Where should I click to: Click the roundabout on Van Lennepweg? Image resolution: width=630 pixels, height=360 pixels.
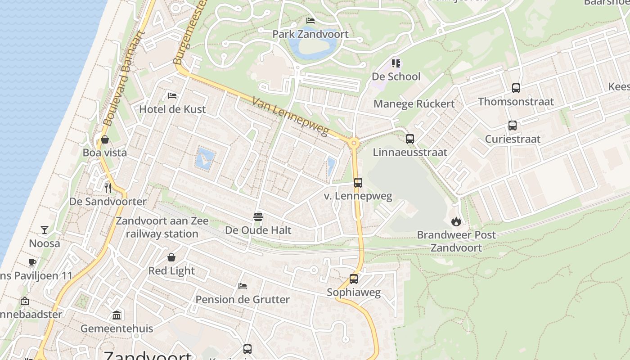(x=354, y=144)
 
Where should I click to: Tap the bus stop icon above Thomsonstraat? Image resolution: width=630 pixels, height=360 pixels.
(x=516, y=88)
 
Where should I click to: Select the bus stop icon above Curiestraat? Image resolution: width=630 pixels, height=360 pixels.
(x=513, y=126)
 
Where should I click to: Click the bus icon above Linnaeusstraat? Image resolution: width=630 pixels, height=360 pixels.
(x=410, y=139)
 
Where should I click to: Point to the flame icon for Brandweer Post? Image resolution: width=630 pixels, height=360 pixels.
(x=456, y=221)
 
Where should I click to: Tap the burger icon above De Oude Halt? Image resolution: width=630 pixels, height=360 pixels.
(x=258, y=217)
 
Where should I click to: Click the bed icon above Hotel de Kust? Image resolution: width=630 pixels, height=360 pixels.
(x=172, y=95)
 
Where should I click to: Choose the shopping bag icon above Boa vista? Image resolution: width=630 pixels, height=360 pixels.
(x=105, y=139)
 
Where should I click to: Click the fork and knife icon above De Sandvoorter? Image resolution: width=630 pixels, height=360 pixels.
(x=108, y=188)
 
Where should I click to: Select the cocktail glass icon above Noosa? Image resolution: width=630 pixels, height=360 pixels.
(x=45, y=230)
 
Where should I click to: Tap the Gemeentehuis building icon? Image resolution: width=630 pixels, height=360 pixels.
(x=117, y=315)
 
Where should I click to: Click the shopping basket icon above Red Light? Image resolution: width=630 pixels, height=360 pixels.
(x=171, y=257)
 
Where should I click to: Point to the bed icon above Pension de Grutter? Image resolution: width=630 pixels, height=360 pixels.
(x=243, y=286)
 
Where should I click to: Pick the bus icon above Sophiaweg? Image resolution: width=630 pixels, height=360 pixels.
(x=354, y=279)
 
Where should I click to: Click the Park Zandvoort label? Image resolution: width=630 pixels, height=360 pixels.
(x=310, y=34)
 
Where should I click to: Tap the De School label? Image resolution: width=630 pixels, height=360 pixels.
(x=396, y=76)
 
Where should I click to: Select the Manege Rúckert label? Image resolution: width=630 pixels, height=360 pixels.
(x=414, y=104)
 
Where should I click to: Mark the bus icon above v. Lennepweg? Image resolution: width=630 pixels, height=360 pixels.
(x=358, y=183)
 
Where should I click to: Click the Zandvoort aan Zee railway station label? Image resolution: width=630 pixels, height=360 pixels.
(x=162, y=227)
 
